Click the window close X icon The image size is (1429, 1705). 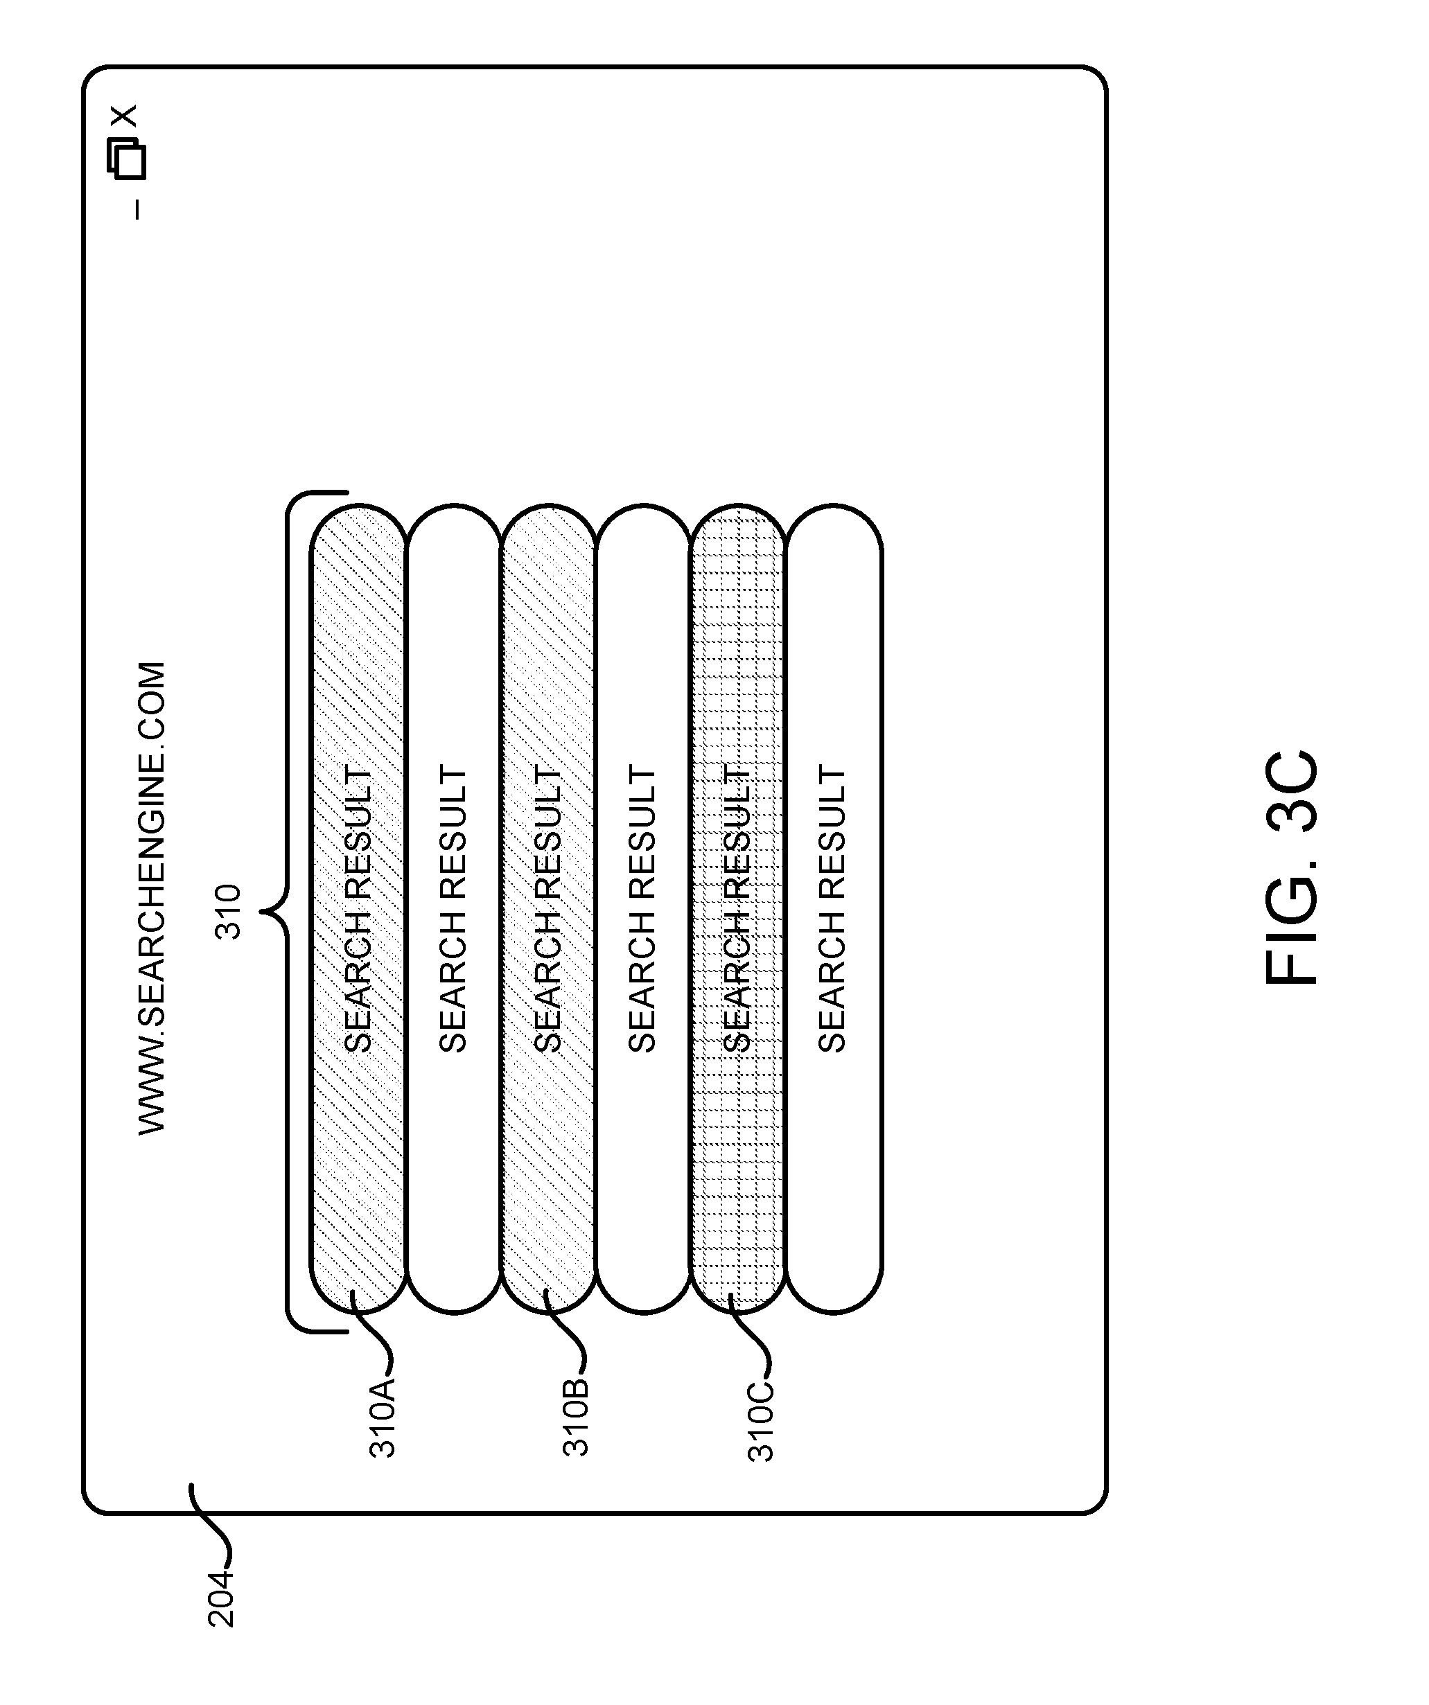click(x=125, y=116)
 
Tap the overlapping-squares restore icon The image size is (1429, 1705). click(x=126, y=159)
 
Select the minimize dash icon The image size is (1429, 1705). click(x=137, y=209)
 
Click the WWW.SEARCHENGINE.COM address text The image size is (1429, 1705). click(x=152, y=898)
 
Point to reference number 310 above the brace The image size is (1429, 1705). click(x=228, y=912)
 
